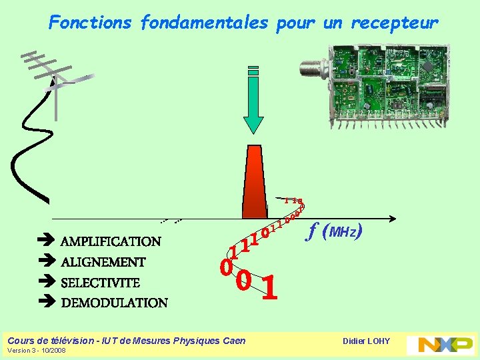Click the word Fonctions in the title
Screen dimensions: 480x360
(x=91, y=23)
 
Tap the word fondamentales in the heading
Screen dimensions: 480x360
(x=205, y=23)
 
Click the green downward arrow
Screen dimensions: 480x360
(x=253, y=100)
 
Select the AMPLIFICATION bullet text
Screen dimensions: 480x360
(x=111, y=241)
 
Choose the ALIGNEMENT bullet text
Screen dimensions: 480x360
(x=103, y=262)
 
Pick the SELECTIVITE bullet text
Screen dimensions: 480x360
(x=100, y=283)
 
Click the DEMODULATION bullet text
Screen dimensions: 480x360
(x=114, y=303)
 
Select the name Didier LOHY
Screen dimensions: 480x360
(x=366, y=341)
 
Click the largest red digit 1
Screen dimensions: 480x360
(x=269, y=288)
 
